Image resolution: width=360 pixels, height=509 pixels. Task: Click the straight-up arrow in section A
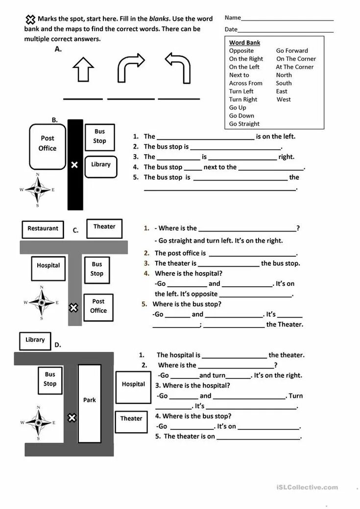coord(83,69)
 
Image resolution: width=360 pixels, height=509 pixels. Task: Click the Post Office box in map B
coord(48,145)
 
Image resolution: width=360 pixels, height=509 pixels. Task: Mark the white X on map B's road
coord(74,165)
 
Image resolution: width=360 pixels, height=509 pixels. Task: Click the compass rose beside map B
coord(37,190)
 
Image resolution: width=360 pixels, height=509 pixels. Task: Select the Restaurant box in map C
coord(43,229)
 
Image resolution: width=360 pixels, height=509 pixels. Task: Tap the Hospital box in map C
coord(48,268)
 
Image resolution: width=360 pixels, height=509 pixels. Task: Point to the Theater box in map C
coord(104,229)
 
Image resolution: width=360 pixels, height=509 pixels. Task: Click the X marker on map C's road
coord(73,308)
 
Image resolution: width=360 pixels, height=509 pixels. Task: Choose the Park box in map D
coord(90,400)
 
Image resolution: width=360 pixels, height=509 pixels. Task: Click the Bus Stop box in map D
coord(50,380)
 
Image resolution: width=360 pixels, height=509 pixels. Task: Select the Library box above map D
coord(35,341)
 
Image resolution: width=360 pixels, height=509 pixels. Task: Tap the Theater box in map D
coord(131,421)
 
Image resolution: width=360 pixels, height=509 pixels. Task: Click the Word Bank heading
coord(245,43)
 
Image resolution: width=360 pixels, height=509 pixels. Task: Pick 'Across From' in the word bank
coord(245,83)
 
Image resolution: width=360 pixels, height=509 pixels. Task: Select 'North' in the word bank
coord(284,75)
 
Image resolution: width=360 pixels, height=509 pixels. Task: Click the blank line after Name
coord(287,19)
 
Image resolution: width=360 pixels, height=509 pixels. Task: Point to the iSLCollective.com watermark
coord(307,487)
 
